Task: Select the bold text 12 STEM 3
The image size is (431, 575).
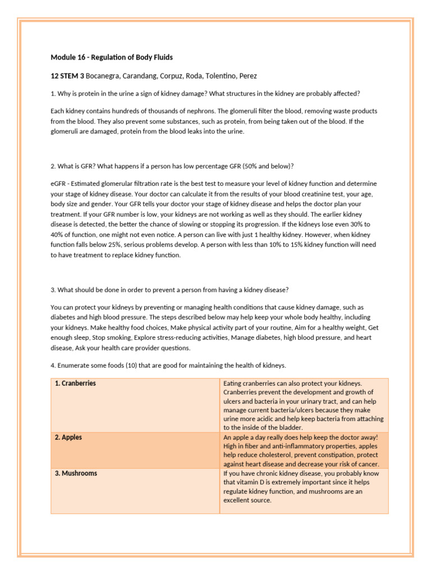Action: (67, 75)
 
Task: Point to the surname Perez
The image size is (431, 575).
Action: (247, 75)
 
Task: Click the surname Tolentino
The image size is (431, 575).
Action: (214, 75)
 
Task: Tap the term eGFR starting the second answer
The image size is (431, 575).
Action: (59, 184)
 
